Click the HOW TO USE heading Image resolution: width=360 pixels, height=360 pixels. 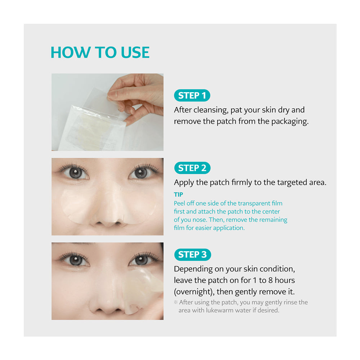click(x=100, y=52)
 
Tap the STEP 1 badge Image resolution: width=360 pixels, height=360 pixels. click(x=192, y=95)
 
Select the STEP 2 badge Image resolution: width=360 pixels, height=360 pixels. click(x=192, y=168)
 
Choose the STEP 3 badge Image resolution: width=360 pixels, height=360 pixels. click(x=193, y=255)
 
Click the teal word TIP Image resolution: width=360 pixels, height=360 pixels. click(x=179, y=194)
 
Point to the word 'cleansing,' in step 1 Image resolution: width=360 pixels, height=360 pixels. click(x=211, y=110)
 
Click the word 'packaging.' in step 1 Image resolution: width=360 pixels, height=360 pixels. click(x=290, y=122)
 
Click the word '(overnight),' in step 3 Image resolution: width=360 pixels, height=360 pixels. click(x=194, y=292)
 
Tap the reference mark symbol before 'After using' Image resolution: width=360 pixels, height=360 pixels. click(x=176, y=302)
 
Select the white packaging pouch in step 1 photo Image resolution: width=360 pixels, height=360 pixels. click(x=92, y=129)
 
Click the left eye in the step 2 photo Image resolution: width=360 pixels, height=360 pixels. click(x=74, y=172)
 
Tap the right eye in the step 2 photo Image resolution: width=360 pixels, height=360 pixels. click(x=141, y=173)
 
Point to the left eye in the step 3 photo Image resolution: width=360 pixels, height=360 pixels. click(x=75, y=260)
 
